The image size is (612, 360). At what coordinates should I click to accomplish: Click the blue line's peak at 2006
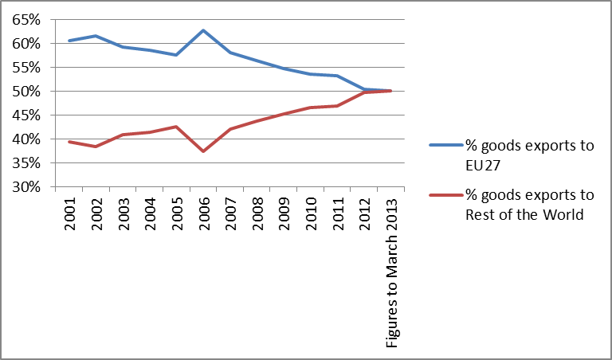pos(203,30)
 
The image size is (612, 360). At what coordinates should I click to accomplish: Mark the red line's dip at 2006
pos(203,151)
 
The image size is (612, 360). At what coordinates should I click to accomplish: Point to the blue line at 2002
pos(96,36)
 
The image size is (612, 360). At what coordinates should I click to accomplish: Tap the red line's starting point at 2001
pos(70,142)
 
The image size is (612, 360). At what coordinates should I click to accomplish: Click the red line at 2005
pos(176,127)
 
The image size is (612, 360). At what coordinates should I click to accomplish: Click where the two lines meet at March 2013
pos(390,91)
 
